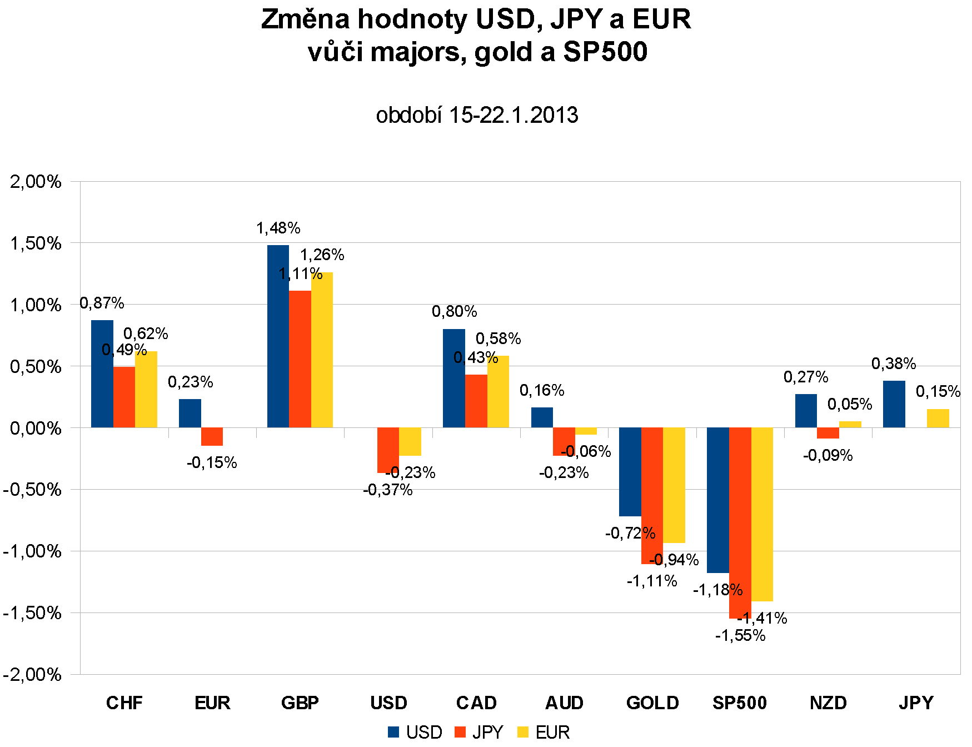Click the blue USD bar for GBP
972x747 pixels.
(278, 336)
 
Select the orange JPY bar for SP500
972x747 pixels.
(740, 522)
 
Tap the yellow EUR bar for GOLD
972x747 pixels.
(674, 485)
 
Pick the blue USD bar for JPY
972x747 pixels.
(894, 404)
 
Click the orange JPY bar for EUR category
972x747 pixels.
(212, 436)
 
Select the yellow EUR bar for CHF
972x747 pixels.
(146, 389)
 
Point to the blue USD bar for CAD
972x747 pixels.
(453, 378)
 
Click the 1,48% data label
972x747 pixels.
(278, 228)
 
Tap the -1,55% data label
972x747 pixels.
(740, 635)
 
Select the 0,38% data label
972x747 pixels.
(893, 363)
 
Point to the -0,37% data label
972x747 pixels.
(387, 490)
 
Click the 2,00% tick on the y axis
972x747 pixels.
(36, 181)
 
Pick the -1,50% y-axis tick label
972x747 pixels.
(32, 612)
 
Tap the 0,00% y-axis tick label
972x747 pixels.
(36, 428)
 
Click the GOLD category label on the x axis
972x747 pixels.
(652, 703)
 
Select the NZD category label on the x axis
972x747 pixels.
(828, 703)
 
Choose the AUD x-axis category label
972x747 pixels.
(564, 703)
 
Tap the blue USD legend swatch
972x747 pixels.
(393, 732)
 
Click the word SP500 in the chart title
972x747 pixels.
(605, 52)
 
